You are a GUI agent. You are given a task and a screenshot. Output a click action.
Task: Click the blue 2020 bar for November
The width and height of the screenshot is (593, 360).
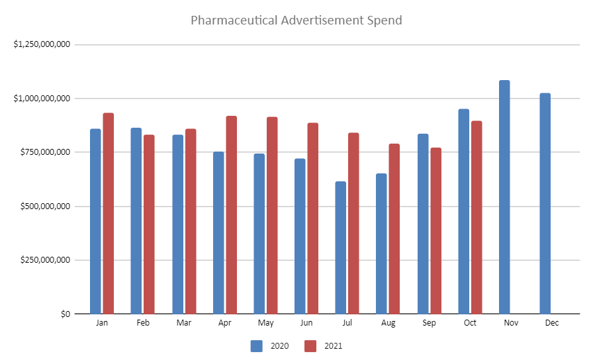(x=504, y=197)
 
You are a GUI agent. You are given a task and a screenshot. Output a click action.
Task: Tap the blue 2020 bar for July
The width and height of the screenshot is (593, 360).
(x=341, y=247)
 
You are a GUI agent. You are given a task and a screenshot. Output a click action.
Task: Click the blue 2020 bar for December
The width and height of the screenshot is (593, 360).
(x=545, y=203)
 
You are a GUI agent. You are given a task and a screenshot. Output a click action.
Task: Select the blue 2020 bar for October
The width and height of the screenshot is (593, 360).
(x=463, y=211)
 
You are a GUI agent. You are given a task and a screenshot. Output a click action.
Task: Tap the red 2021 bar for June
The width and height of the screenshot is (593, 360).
(x=313, y=218)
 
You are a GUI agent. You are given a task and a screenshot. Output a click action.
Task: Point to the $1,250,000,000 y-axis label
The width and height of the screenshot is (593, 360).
(x=42, y=44)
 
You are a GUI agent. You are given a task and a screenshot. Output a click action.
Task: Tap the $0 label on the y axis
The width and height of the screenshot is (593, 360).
(x=64, y=314)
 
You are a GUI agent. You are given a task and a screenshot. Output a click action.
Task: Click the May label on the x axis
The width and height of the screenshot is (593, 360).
(x=266, y=323)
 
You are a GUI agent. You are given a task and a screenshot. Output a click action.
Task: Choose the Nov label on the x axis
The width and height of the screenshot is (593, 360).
(x=511, y=323)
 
